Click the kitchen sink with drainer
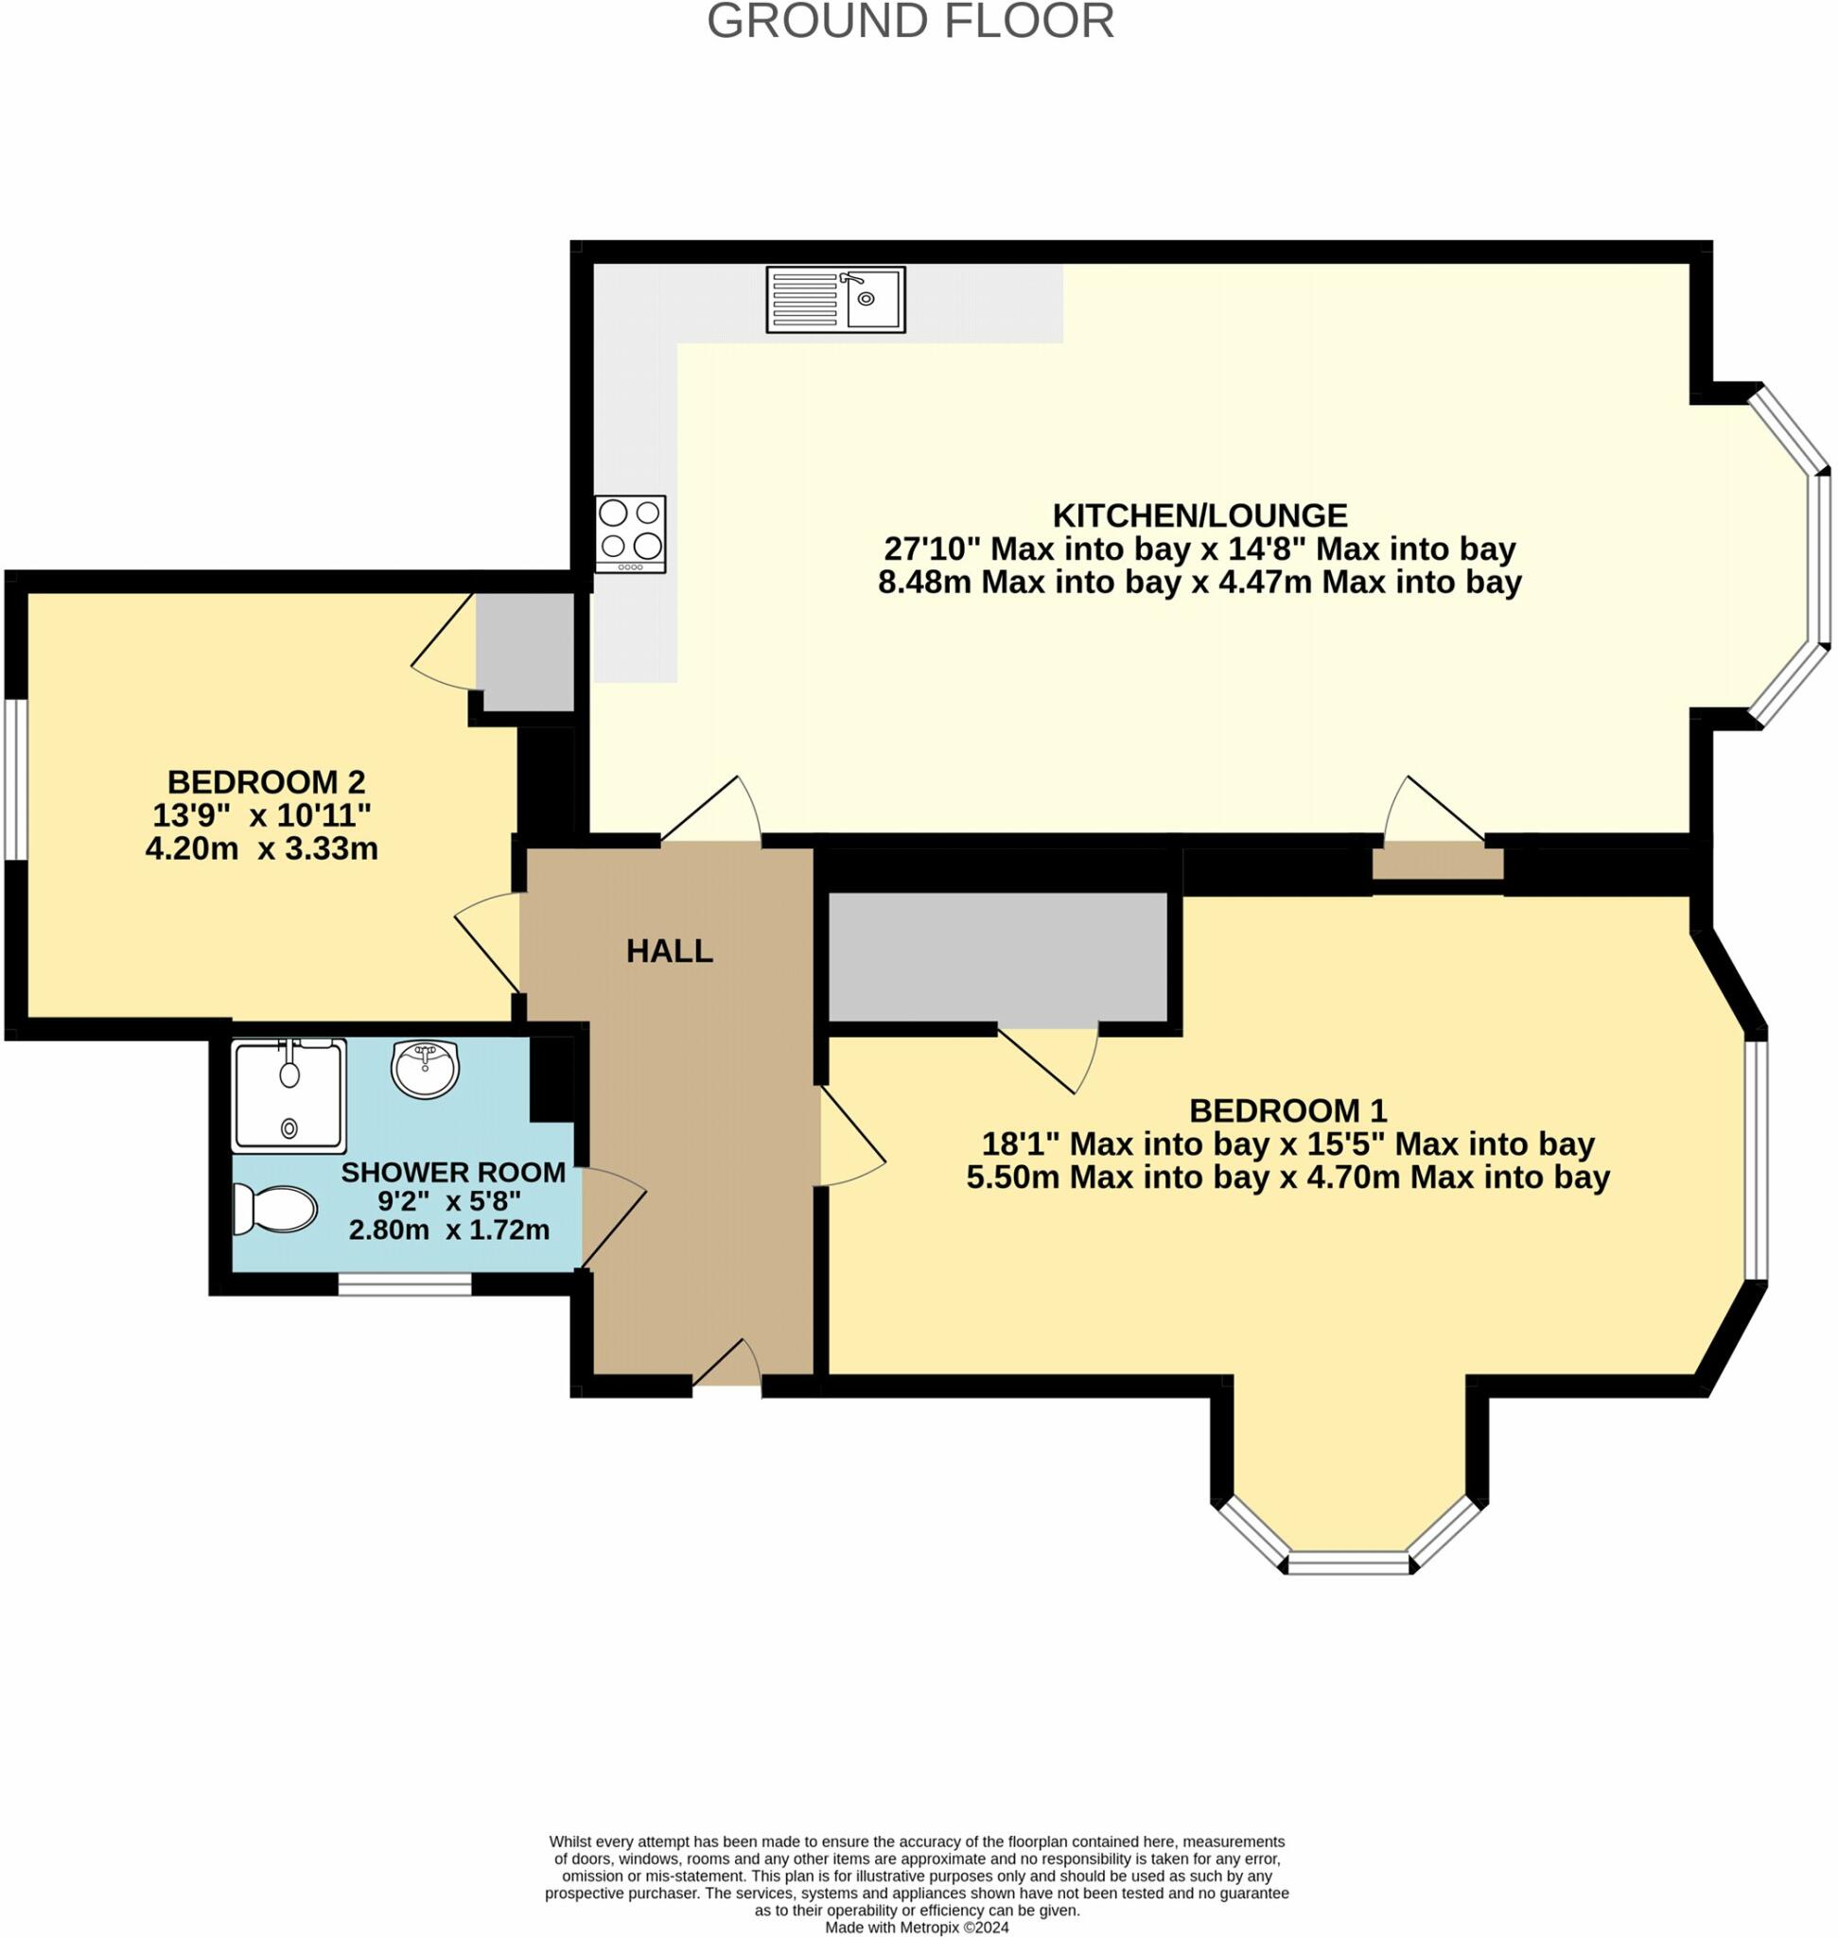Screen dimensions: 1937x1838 click(x=834, y=299)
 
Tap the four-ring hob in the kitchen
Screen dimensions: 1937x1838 click(x=630, y=533)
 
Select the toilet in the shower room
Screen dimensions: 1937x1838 click(x=275, y=1210)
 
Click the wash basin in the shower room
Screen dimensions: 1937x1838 click(x=426, y=1068)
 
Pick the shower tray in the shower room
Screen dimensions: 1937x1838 click(x=289, y=1094)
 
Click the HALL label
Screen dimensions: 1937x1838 click(x=669, y=951)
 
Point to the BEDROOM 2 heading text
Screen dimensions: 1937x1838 click(x=266, y=782)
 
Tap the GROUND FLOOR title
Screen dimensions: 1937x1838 click(x=910, y=22)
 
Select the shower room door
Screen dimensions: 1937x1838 click(x=612, y=1218)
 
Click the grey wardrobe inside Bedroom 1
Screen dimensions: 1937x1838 click(x=997, y=957)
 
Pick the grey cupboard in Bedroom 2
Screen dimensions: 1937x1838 click(x=524, y=652)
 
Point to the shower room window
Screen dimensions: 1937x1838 click(x=405, y=1283)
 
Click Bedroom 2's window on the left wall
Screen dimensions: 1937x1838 click(x=15, y=780)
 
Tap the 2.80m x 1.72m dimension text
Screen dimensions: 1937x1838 click(x=449, y=1230)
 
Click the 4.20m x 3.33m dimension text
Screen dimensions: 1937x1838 click(x=262, y=848)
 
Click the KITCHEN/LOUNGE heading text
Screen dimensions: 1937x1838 click(x=1199, y=515)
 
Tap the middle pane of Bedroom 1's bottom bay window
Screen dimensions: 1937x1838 click(x=1348, y=1562)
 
